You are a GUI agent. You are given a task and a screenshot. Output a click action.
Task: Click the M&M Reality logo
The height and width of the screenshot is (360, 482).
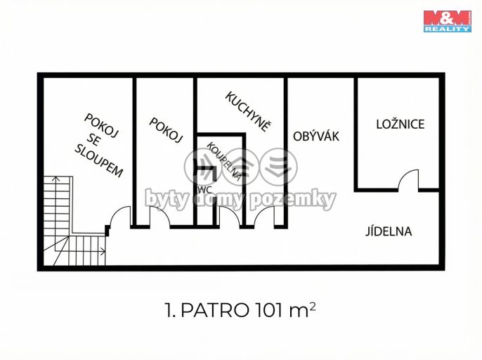click(448, 21)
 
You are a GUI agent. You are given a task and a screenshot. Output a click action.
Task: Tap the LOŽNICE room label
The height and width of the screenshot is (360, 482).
click(400, 124)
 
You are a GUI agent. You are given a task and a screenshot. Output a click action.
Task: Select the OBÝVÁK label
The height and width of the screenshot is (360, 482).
click(316, 136)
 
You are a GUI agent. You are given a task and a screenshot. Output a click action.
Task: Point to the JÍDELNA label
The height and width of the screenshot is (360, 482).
click(389, 231)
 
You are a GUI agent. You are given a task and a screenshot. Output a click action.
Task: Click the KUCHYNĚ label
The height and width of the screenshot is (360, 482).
click(249, 112)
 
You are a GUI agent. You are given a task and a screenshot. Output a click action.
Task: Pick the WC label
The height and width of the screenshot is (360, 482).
click(205, 190)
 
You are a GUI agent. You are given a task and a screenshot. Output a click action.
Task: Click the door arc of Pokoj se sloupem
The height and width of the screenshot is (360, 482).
click(116, 212)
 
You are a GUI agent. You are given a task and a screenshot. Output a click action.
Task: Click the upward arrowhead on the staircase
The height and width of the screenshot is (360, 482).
click(56, 179)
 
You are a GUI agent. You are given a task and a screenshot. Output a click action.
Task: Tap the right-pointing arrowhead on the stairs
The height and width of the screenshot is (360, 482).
click(103, 251)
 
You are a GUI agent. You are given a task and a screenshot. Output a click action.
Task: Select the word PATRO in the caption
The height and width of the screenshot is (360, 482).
click(215, 310)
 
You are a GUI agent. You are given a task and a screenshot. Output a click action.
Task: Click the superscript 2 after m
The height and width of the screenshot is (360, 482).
click(313, 306)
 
